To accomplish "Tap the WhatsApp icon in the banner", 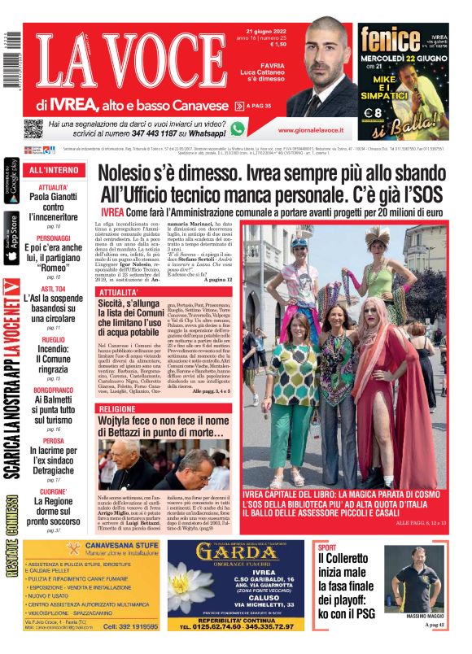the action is [x=238, y=128].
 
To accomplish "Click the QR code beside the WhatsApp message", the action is [x=33, y=129].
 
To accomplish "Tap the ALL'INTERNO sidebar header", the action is [x=55, y=170].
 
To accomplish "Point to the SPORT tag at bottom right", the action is [x=326, y=547].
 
